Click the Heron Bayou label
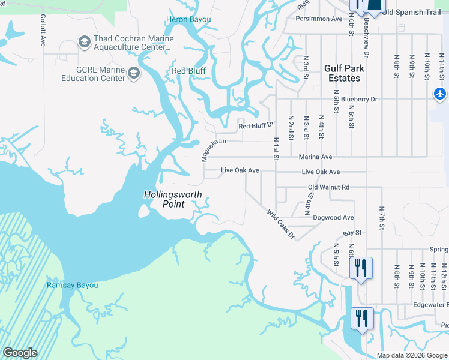[x=188, y=20]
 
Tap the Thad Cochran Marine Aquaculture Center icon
[x=85, y=42]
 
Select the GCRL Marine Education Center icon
[x=133, y=74]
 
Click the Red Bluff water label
[x=188, y=71]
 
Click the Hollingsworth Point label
[x=173, y=199]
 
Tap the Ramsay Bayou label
[x=72, y=285]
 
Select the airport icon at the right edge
[x=440, y=94]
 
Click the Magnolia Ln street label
[x=213, y=147]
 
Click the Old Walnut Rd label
[x=328, y=187]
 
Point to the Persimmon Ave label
[x=319, y=19]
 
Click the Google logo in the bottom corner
[x=20, y=353]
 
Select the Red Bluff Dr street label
[x=256, y=126]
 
